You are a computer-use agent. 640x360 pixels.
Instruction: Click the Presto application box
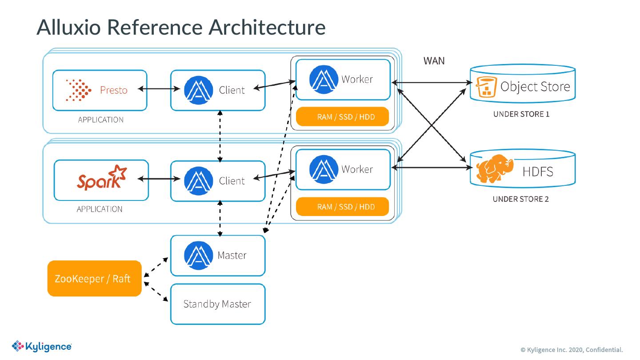100,90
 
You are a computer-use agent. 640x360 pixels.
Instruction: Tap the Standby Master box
218,304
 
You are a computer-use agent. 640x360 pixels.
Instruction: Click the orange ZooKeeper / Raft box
94,279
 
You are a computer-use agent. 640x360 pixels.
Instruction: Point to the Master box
218,256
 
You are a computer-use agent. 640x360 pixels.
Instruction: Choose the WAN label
434,61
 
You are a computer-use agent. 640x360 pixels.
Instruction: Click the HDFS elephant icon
494,170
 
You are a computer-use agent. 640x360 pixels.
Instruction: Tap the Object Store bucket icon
486,87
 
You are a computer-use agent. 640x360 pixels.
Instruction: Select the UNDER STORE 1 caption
521,114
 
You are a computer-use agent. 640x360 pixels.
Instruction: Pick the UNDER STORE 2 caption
520,199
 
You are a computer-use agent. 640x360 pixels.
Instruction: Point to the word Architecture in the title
267,27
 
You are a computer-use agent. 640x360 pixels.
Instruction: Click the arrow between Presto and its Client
159,89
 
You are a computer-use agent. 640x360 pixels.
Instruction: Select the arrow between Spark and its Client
159,179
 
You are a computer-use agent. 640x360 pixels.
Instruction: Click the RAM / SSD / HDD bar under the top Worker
343,117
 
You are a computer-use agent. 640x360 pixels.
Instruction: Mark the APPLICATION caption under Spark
100,209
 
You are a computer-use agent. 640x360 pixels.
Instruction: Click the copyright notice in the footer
572,349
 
